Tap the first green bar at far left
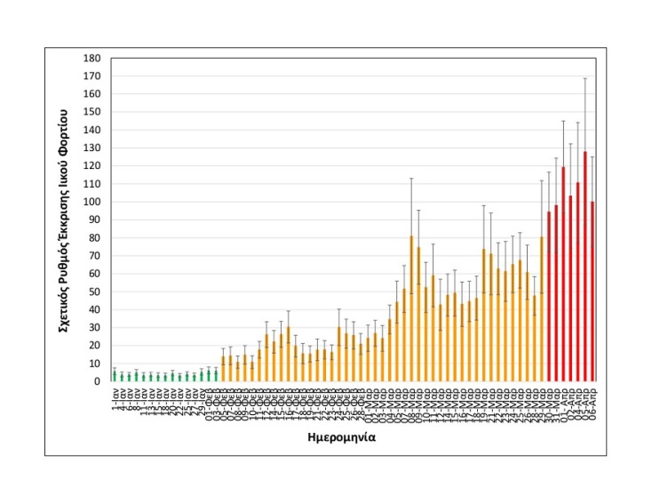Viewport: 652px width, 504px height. (x=114, y=376)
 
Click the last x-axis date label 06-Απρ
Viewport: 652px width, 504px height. (x=592, y=401)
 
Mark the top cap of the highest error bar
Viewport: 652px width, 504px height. (x=585, y=78)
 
